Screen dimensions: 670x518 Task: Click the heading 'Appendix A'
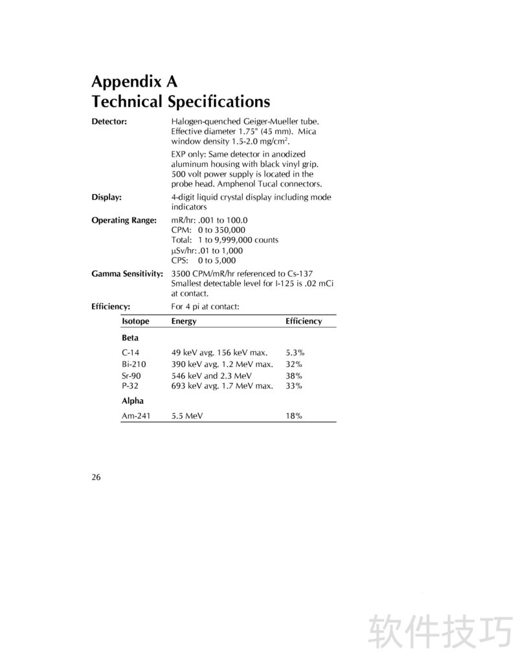point(134,82)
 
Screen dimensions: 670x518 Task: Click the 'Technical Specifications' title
point(181,102)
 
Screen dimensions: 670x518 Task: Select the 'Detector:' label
point(109,121)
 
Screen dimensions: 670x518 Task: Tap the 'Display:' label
point(107,197)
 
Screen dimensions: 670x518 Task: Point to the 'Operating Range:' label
point(124,220)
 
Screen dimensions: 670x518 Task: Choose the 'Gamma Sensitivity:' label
point(127,274)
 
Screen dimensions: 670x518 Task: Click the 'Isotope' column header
point(135,321)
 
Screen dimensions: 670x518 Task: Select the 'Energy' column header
point(184,321)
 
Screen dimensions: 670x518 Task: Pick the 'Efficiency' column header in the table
point(304,321)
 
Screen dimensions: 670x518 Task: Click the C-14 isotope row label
point(130,353)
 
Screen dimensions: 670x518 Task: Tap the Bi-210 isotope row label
point(133,364)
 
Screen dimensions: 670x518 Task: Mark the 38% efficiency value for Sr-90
point(294,375)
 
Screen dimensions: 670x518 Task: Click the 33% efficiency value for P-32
point(294,386)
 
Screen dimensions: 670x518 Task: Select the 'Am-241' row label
point(136,416)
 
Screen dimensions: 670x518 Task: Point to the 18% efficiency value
point(294,416)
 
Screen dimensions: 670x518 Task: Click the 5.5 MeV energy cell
point(187,416)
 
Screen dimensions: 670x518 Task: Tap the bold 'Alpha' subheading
point(133,401)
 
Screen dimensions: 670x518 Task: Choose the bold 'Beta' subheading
point(130,338)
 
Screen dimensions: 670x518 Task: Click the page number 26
point(96,478)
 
